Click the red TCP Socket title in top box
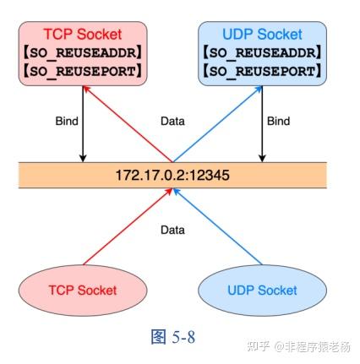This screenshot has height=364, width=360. (x=83, y=35)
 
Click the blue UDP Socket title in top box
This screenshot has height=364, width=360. (x=261, y=35)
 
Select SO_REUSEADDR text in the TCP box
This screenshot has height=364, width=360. (x=83, y=52)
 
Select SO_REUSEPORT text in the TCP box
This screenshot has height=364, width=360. (x=83, y=70)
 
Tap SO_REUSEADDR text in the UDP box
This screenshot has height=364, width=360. (x=261, y=52)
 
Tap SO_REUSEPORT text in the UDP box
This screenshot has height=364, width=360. (x=261, y=70)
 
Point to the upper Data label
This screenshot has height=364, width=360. (x=172, y=122)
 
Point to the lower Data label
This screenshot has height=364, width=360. (x=172, y=229)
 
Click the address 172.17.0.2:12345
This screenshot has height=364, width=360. (x=172, y=177)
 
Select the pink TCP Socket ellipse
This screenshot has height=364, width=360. (x=83, y=290)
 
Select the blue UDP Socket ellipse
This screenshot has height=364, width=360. (x=262, y=290)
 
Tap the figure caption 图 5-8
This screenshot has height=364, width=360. (x=173, y=337)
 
